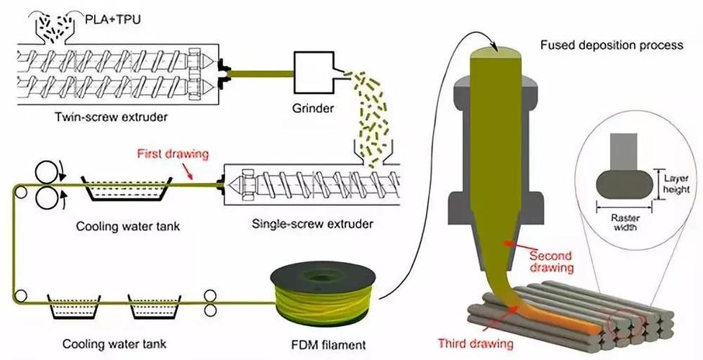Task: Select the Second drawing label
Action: pyautogui.click(x=550, y=261)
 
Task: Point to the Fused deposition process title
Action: pyautogui.click(x=611, y=45)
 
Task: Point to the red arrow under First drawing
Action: pyautogui.click(x=198, y=171)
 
